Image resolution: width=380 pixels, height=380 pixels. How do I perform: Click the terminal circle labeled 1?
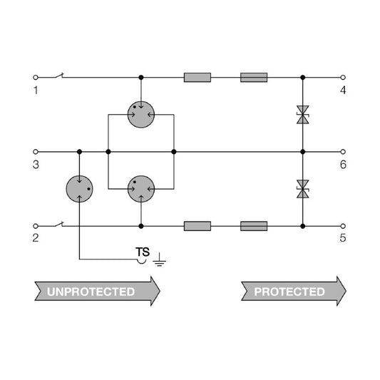pyautogui.click(x=36, y=78)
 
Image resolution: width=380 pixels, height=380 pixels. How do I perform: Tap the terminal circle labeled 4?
pyautogui.click(x=343, y=78)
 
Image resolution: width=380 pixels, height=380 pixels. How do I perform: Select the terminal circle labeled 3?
pyautogui.click(x=36, y=152)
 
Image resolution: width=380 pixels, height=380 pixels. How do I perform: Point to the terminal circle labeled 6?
pyautogui.click(x=343, y=152)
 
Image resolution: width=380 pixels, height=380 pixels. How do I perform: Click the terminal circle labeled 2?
pyautogui.click(x=36, y=226)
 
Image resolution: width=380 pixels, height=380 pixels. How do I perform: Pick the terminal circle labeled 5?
pyautogui.click(x=343, y=226)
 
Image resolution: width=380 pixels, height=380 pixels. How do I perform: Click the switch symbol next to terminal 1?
pyautogui.click(x=58, y=76)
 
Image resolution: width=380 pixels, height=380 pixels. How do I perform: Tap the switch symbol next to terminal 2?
pyautogui.click(x=58, y=225)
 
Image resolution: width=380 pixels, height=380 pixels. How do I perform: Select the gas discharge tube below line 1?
pyautogui.click(x=141, y=115)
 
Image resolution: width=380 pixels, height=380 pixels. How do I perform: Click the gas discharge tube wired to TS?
pyautogui.click(x=79, y=189)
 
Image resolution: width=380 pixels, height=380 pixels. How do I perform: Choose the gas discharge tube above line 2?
pyautogui.click(x=141, y=189)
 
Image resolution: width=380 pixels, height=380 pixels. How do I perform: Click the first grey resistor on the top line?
pyautogui.click(x=197, y=78)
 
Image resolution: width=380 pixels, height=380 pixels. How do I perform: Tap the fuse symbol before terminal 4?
pyautogui.click(x=254, y=78)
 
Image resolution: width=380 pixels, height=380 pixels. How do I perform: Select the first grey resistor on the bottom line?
pyautogui.click(x=197, y=226)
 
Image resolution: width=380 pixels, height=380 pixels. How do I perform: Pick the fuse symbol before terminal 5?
pyautogui.click(x=254, y=226)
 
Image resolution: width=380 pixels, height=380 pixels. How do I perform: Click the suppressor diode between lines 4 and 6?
pyautogui.click(x=303, y=115)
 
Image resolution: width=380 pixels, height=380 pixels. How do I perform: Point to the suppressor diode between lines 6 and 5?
pyautogui.click(x=303, y=189)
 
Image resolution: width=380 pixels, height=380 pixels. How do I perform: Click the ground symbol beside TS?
pyautogui.click(x=159, y=260)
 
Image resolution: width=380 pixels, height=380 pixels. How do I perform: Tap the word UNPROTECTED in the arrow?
pyautogui.click(x=91, y=292)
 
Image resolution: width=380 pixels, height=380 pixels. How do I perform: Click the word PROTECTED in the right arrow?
pyautogui.click(x=289, y=292)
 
